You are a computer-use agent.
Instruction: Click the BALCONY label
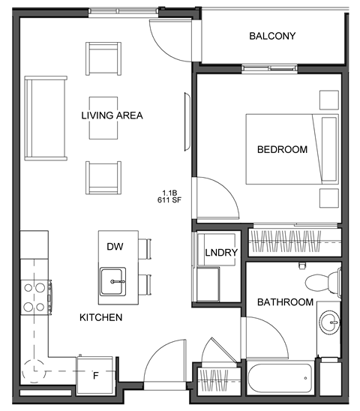pos(272,36)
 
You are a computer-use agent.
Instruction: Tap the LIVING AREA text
pos(112,115)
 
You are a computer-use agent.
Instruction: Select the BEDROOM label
pos(282,149)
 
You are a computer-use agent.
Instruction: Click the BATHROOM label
pos(285,302)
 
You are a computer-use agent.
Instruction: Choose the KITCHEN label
pos(100,317)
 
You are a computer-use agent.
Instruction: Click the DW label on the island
pos(114,246)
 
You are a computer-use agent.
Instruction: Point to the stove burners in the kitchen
pos(35,296)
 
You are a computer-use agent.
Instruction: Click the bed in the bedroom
pos(292,148)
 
